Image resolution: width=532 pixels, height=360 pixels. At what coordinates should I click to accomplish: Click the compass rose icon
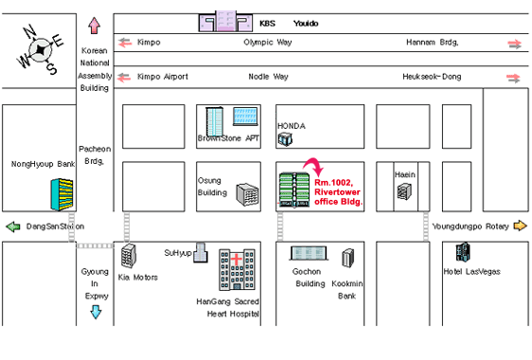click(x=41, y=49)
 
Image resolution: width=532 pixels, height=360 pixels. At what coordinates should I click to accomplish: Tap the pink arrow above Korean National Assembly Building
click(x=95, y=26)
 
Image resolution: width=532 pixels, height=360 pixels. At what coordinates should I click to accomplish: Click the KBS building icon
click(x=225, y=21)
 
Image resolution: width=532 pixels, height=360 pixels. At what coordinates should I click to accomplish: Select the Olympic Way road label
click(x=268, y=43)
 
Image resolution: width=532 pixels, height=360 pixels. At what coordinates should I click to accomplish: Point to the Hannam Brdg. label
click(x=433, y=43)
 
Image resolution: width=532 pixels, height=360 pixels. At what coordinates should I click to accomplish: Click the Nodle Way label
click(x=269, y=77)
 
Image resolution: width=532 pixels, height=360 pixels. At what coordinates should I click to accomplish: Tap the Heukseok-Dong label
click(x=432, y=77)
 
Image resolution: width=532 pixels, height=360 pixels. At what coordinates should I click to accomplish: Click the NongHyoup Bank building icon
click(x=62, y=194)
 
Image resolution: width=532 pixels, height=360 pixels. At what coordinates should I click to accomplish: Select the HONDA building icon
click(x=285, y=139)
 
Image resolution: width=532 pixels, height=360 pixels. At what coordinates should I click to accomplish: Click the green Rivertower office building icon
click(x=294, y=189)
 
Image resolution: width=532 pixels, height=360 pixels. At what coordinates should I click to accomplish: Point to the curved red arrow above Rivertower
click(x=314, y=166)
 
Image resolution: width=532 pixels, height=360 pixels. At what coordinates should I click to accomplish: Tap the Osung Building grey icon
click(x=248, y=194)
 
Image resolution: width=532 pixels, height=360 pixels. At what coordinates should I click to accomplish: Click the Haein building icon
click(x=404, y=191)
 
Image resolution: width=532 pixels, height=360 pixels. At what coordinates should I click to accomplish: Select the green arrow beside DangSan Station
click(x=13, y=226)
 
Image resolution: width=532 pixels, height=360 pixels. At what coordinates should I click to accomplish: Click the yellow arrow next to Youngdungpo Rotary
click(x=520, y=225)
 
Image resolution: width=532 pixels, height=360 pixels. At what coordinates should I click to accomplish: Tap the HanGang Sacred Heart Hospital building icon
click(x=237, y=270)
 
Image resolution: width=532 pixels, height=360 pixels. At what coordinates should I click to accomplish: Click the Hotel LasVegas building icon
click(x=463, y=252)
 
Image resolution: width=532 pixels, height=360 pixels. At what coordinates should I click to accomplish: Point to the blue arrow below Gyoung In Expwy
click(x=96, y=312)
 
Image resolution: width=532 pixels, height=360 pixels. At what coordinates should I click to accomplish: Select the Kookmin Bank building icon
click(x=347, y=258)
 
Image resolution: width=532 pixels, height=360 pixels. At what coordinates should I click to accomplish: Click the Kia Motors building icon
click(x=129, y=256)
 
